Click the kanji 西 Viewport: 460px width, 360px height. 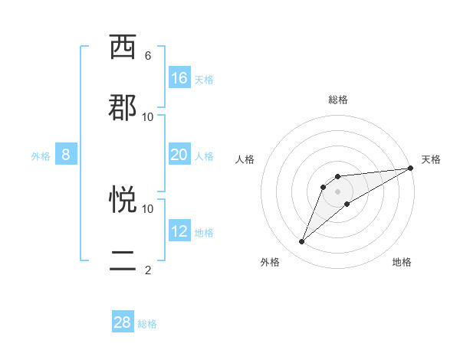[x=123, y=47]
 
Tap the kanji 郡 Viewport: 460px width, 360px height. [x=123, y=107]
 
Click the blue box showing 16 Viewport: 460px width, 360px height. [x=179, y=78]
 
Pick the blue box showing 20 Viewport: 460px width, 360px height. [x=179, y=155]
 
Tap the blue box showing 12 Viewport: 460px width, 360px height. [x=179, y=231]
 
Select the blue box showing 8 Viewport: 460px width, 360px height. [x=66, y=155]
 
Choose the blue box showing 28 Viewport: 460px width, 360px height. [x=123, y=322]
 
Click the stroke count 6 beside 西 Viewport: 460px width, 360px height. [x=148, y=56]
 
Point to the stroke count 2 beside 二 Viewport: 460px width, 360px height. [x=148, y=270]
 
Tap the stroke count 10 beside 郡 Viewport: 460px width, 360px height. [x=148, y=116]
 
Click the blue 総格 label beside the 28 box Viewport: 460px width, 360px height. [x=147, y=324]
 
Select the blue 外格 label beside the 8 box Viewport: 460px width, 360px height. [x=41, y=156]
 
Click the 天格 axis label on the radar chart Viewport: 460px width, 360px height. [x=431, y=159]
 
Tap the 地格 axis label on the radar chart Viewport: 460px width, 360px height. [x=402, y=262]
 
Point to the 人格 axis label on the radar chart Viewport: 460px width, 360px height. [x=245, y=159]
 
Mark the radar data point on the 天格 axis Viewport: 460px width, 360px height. [x=411, y=168]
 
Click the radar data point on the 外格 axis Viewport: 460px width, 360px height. [x=302, y=242]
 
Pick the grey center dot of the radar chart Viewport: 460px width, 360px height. [x=338, y=191]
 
